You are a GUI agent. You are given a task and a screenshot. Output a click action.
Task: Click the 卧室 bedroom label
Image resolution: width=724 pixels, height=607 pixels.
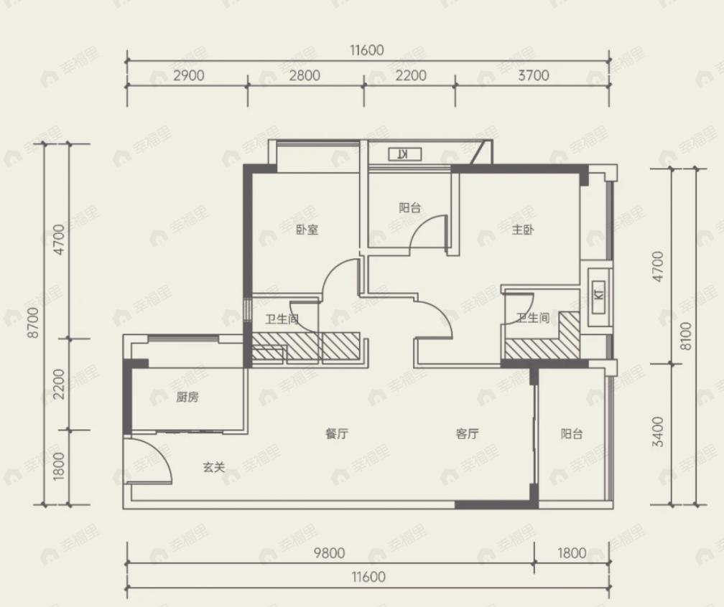[307, 230]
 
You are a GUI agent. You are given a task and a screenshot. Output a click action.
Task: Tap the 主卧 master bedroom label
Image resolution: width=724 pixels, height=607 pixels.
[523, 230]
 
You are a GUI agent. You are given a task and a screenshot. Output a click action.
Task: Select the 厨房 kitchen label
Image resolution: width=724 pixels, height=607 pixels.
[187, 397]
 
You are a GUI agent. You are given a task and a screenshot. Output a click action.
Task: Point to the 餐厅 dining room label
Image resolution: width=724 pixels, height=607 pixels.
[337, 433]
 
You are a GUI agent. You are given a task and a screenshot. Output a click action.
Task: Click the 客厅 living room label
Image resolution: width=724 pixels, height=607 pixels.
[467, 433]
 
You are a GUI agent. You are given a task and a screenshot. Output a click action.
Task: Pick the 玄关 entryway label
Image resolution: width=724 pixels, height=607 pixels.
[214, 467]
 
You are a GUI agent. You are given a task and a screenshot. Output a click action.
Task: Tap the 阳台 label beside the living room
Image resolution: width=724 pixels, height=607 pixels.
[572, 433]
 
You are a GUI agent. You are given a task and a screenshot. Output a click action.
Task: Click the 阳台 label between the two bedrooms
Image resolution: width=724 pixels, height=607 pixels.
[410, 207]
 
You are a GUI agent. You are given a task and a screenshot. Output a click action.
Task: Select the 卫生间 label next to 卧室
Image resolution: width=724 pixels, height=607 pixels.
[282, 319]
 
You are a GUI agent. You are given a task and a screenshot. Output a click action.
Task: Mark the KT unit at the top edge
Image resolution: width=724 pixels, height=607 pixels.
[404, 154]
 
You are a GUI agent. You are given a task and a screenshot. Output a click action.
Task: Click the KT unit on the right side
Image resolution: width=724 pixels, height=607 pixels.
[599, 295]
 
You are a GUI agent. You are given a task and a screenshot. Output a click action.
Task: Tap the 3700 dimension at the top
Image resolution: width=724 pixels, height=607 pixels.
[533, 75]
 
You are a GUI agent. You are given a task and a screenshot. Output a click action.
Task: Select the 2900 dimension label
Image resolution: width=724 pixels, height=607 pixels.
[189, 75]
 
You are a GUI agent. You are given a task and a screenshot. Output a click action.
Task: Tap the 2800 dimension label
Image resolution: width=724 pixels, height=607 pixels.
[305, 75]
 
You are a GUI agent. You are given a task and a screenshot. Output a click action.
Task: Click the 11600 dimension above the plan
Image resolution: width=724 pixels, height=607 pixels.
[367, 50]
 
